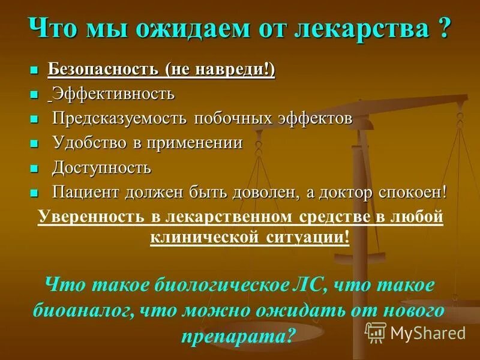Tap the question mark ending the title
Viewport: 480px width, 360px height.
point(443,28)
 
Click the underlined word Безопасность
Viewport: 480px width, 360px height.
point(103,70)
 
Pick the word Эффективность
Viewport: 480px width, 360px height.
point(113,94)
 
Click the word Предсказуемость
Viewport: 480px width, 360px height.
point(120,118)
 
